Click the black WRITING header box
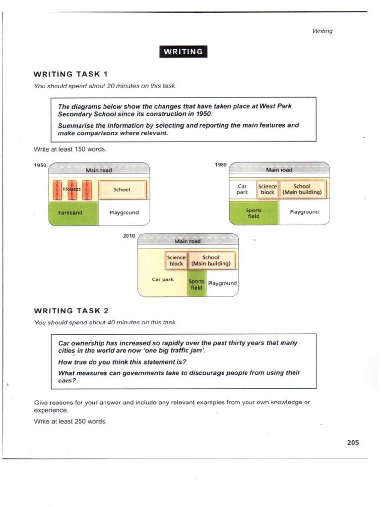click(x=183, y=51)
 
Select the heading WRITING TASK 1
click(x=70, y=74)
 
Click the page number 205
click(x=353, y=443)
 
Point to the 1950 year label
click(x=40, y=165)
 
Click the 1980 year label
click(x=221, y=165)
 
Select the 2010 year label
click(x=129, y=236)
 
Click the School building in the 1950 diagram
click(x=122, y=190)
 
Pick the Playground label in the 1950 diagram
click(x=124, y=213)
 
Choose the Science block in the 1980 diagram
click(x=267, y=189)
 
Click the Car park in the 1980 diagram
click(x=242, y=189)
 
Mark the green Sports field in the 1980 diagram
click(x=253, y=213)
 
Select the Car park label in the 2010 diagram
click(x=162, y=280)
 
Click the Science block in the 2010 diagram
click(x=176, y=260)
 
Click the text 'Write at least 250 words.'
click(x=70, y=422)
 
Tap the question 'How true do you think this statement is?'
click(x=119, y=362)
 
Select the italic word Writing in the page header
click(x=322, y=31)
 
